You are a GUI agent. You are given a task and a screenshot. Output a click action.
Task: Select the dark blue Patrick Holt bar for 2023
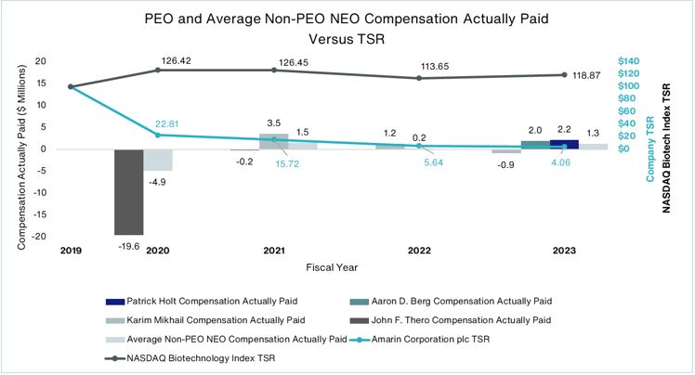point(564,144)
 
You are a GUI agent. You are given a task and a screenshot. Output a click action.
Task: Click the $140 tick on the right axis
point(629,61)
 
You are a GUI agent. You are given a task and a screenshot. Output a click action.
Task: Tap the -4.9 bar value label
point(159,181)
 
